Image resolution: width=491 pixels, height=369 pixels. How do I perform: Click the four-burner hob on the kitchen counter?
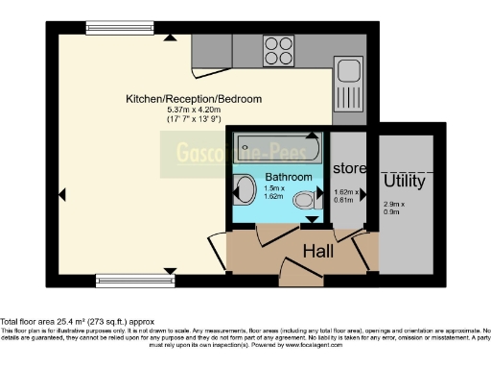point(278,48)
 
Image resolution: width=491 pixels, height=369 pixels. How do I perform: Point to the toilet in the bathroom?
point(306,200)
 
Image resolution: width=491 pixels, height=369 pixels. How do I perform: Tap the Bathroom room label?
point(289,178)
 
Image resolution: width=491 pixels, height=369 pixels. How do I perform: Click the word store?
point(349,168)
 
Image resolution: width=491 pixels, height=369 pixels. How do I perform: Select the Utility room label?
point(405,180)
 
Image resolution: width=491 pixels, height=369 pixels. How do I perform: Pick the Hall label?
point(318,252)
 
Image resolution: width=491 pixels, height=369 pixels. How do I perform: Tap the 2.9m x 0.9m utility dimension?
point(394,208)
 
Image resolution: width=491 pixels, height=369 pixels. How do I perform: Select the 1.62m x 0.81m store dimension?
point(347,196)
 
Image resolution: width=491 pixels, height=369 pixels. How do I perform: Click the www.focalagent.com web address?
point(322,344)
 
